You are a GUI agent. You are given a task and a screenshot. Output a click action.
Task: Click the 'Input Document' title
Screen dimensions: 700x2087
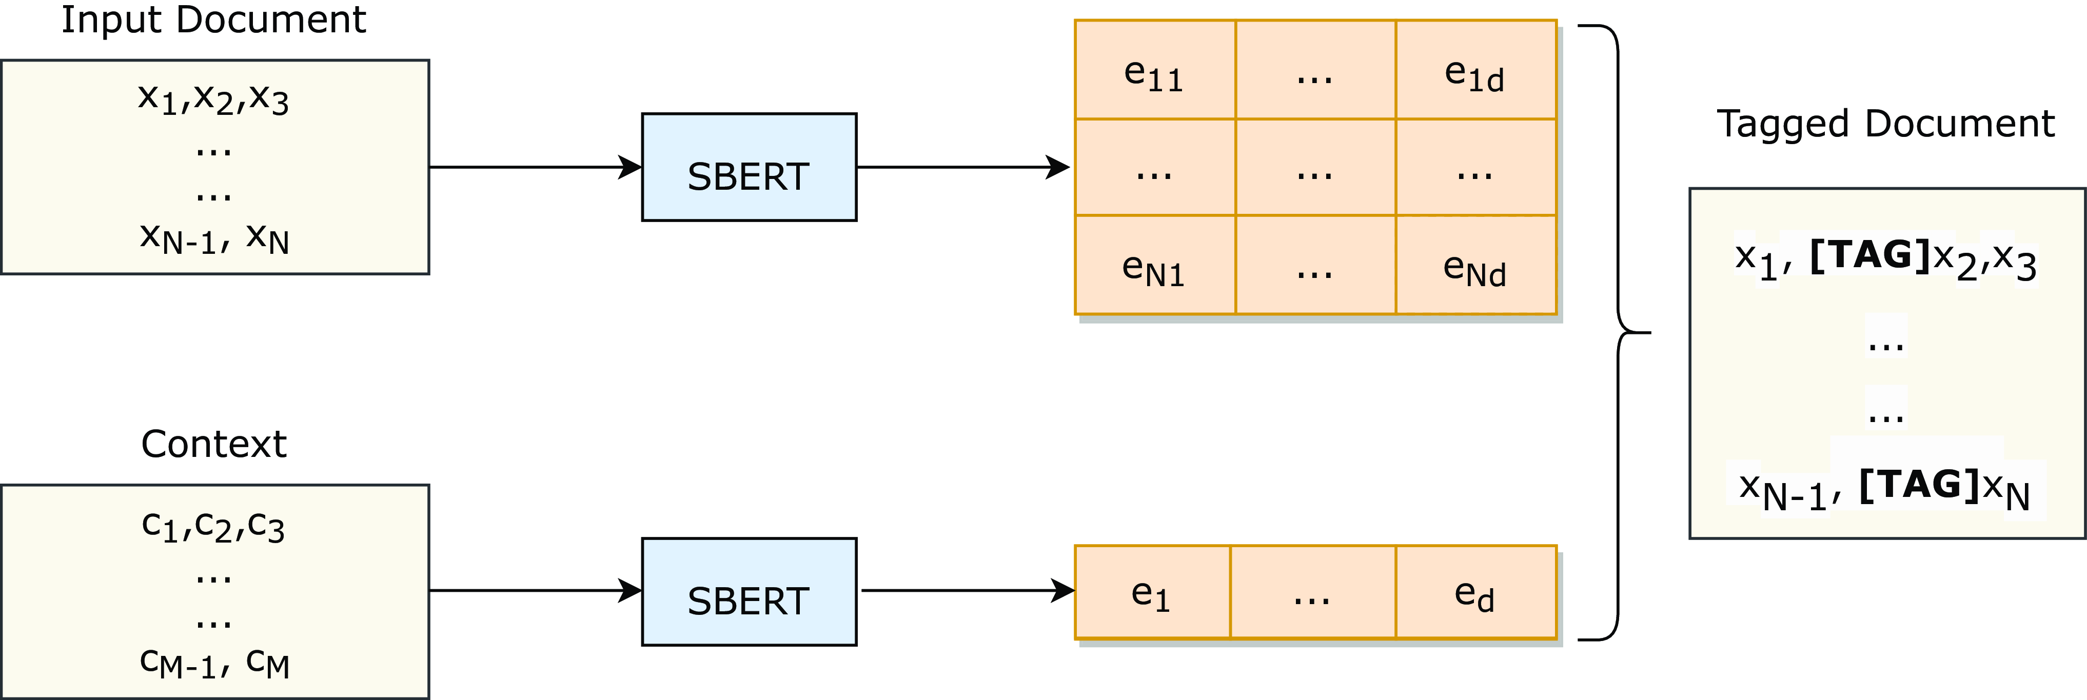point(213,19)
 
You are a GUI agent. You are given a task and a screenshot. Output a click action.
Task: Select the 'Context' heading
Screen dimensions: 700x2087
point(213,444)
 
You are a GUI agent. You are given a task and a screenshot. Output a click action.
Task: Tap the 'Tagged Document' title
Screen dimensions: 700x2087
point(1885,124)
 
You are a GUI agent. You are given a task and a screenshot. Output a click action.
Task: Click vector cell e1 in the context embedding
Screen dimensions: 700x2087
point(1151,593)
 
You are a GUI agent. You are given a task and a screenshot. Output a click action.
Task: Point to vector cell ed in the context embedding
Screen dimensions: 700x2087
point(1475,593)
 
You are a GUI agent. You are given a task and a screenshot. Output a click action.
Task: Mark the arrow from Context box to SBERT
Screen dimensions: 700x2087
point(535,591)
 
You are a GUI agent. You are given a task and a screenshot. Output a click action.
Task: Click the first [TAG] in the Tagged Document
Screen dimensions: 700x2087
point(1869,255)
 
